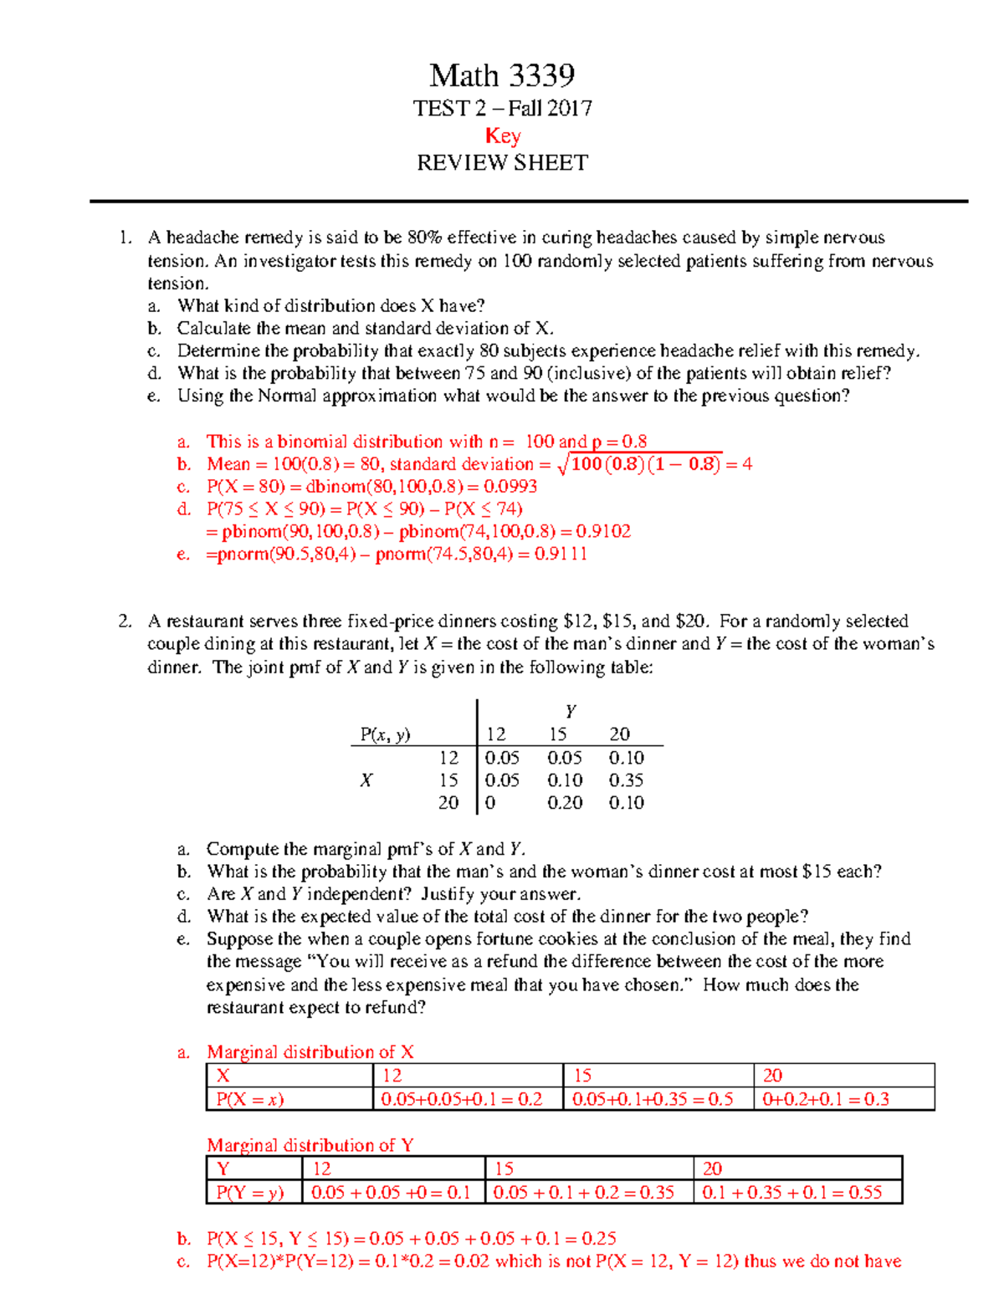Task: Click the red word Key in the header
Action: tap(503, 136)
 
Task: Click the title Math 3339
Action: tap(502, 76)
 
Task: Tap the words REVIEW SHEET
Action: tap(502, 162)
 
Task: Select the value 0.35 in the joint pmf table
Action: tap(626, 780)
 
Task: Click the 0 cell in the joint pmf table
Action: tap(490, 803)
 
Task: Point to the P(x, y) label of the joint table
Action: tap(385, 734)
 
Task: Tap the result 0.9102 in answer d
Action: tap(605, 532)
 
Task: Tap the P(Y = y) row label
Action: tap(250, 1193)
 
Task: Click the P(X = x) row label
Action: tap(250, 1099)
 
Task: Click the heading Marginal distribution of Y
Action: tap(310, 1145)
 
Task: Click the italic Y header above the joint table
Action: tap(571, 712)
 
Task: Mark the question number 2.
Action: tap(125, 621)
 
